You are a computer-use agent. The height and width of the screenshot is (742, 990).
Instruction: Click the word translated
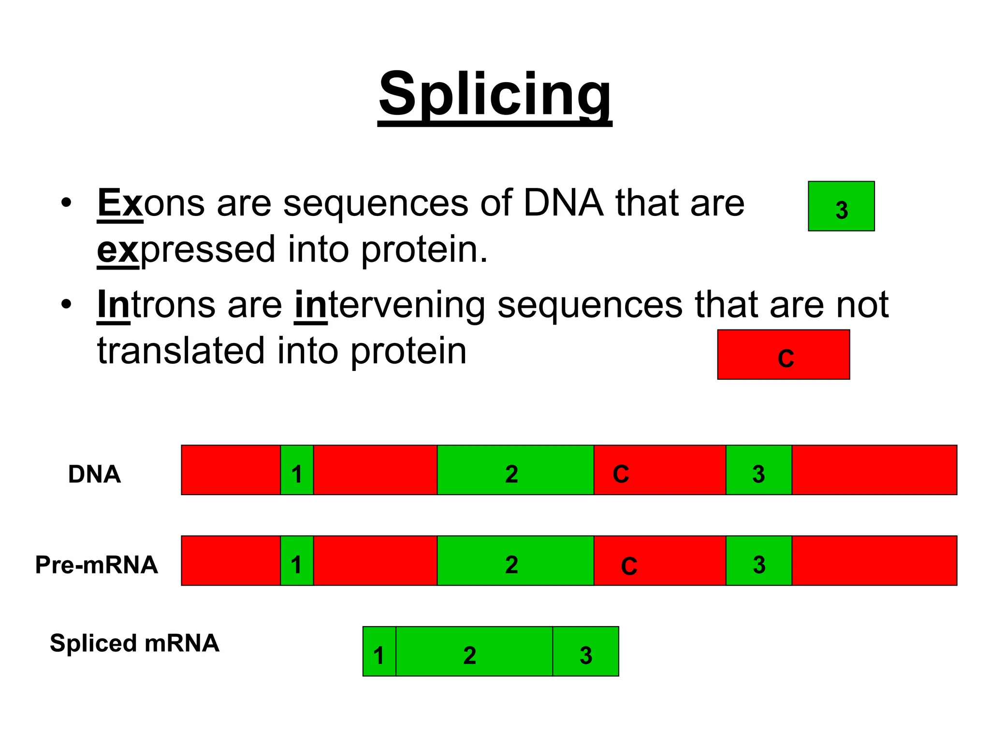click(181, 351)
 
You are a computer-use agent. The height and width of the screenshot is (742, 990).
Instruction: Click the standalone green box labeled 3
click(841, 206)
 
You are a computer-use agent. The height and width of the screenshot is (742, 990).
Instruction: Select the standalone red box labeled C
click(783, 355)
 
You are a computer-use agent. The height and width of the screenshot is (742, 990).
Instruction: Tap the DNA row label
click(94, 474)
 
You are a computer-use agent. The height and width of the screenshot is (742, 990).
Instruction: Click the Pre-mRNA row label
click(97, 565)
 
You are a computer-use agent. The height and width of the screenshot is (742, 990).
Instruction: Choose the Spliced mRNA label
click(134, 643)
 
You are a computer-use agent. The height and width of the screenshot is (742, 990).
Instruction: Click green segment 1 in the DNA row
click(297, 470)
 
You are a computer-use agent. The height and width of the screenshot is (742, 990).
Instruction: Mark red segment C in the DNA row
click(659, 470)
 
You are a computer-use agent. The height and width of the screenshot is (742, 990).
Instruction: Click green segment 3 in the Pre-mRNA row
click(758, 561)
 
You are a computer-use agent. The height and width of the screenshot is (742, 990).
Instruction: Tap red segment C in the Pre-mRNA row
click(659, 561)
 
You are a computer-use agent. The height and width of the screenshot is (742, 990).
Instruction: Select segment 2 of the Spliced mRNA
click(474, 651)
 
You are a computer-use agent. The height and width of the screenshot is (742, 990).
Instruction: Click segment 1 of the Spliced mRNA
click(379, 651)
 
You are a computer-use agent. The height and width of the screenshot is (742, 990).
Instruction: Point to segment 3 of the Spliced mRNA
click(585, 651)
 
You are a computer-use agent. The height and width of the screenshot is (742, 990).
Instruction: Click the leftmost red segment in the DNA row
click(231, 470)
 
